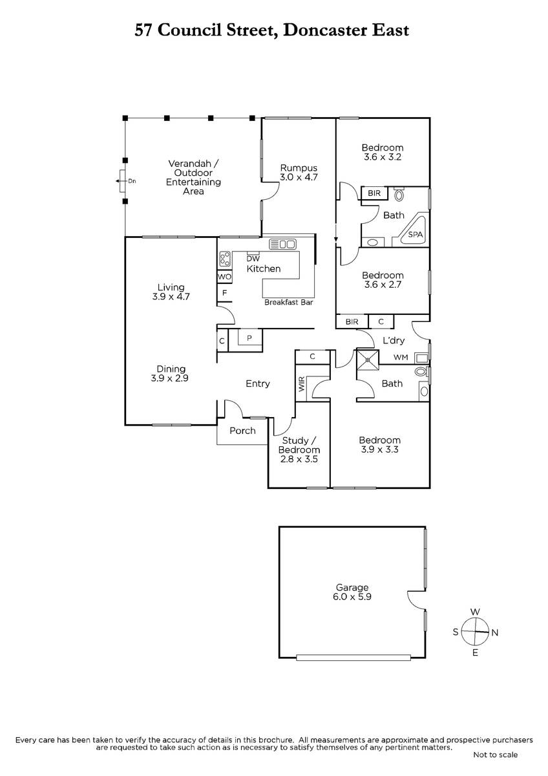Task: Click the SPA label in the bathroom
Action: pos(415,235)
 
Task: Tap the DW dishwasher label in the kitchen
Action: pos(253,259)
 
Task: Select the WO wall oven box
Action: pos(224,277)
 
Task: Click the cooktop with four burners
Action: pos(225,259)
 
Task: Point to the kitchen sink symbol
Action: pos(282,244)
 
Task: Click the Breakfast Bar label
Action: pos(288,303)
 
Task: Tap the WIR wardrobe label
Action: pos(302,384)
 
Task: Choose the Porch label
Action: pos(242,431)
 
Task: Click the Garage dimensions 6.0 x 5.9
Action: pos(352,597)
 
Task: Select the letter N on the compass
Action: pos(495,632)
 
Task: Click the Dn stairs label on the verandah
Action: pos(132,181)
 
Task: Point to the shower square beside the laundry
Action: pos(368,360)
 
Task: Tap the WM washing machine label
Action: pos(401,357)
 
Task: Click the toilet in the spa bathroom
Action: pos(399,195)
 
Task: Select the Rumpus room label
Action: pos(299,168)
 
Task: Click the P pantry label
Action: pos(249,338)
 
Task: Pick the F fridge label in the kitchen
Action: pos(225,293)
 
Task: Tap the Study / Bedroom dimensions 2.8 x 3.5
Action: pos(299,459)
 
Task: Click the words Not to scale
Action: pos(495,764)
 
